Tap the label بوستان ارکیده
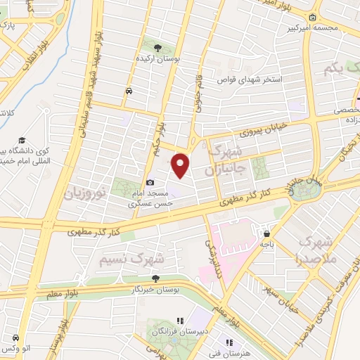point(159,60)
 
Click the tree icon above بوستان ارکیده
point(158,48)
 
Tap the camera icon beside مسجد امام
point(150,183)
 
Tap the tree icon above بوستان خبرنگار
point(155,278)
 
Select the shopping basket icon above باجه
point(266,233)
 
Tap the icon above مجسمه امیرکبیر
point(312,18)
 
